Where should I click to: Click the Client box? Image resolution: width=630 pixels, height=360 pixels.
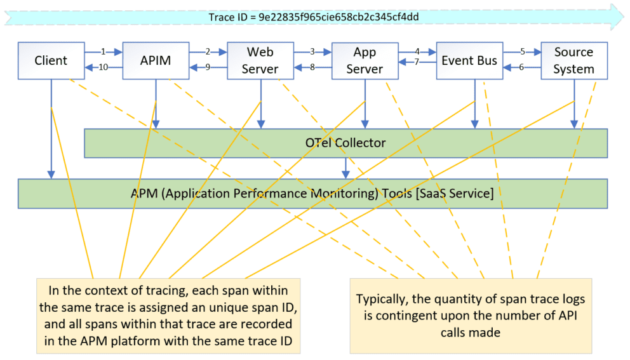pyautogui.click(x=51, y=61)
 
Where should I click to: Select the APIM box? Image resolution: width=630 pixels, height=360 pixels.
pyautogui.click(x=155, y=61)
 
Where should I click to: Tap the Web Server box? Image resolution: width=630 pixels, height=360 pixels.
pyautogui.click(x=260, y=61)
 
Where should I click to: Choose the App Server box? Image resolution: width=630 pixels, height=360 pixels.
pyautogui.click(x=365, y=61)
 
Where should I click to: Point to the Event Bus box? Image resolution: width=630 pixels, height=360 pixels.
pyautogui.click(x=469, y=61)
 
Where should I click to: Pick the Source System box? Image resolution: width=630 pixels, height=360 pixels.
pyautogui.click(x=573, y=61)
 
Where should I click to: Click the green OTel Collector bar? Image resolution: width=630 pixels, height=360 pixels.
pyautogui.click(x=345, y=143)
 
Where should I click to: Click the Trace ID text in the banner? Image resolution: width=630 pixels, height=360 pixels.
pyautogui.click(x=314, y=17)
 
